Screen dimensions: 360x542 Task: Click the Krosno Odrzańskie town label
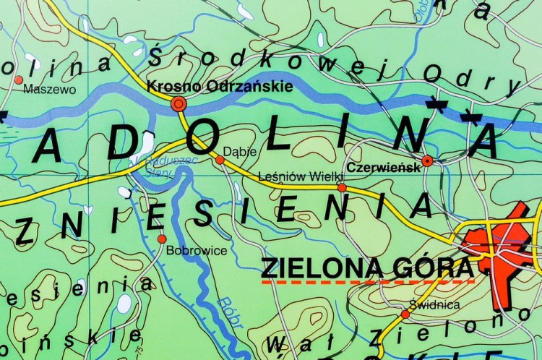[x=220, y=87]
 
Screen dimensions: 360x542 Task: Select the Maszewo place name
[x=50, y=90]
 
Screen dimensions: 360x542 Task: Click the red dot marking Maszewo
[x=19, y=80]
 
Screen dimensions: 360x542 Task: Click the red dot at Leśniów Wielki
[x=342, y=187]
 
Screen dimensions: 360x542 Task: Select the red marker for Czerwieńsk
[x=428, y=160]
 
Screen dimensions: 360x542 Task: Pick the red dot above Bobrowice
[x=162, y=239]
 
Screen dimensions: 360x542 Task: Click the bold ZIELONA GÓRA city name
[x=366, y=267]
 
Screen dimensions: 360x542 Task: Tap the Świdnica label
[x=434, y=304]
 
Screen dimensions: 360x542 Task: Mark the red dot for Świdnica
[x=405, y=314]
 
